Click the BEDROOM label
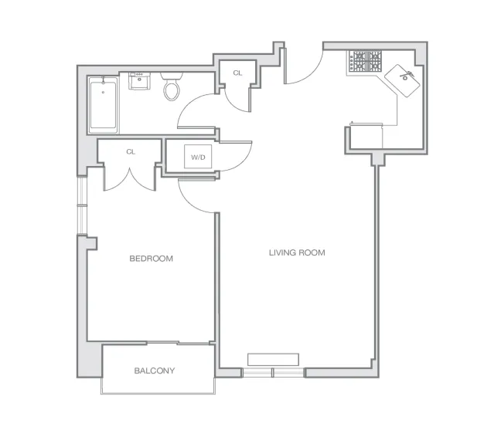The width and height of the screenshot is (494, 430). pos(152,259)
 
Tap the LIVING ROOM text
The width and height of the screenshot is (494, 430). pos(297,252)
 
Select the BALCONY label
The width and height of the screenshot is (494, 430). pos(155,371)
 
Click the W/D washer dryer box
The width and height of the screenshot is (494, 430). pos(199,157)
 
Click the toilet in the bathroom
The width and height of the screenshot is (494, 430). pos(172,88)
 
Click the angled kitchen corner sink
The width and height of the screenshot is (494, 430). pos(404,78)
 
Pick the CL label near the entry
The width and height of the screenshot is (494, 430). pos(237,73)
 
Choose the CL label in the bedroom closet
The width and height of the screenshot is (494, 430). pos(131,151)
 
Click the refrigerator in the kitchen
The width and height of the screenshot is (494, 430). pos(370,133)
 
